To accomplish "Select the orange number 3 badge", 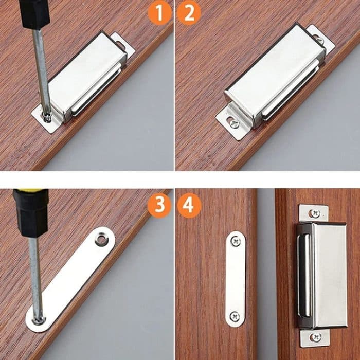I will tap(160, 205).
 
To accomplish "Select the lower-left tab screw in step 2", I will tap(234, 122).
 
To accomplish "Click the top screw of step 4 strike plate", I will tap(236, 239).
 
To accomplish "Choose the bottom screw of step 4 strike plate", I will tap(235, 316).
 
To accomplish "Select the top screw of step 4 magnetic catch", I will tap(313, 212).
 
